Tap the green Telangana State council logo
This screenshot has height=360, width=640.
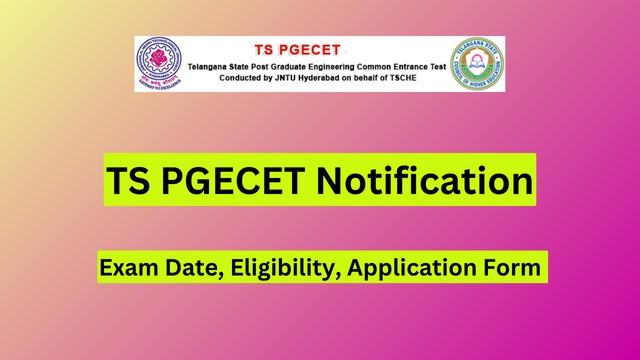tap(476, 63)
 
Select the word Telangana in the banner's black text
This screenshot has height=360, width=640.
tap(214, 64)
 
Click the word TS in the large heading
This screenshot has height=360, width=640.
tap(130, 181)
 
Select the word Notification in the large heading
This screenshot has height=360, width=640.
tap(425, 181)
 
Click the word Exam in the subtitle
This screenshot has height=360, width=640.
tap(127, 268)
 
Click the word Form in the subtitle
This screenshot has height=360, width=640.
tap(511, 268)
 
